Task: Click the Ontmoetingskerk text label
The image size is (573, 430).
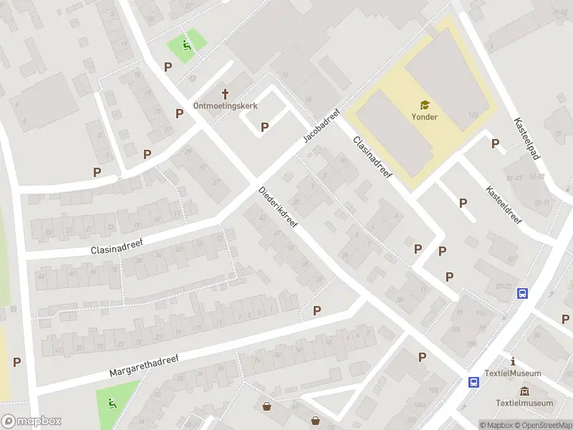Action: (226, 106)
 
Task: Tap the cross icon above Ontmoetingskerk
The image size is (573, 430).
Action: (226, 94)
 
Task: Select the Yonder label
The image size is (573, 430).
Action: (425, 117)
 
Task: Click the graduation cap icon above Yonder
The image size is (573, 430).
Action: (425, 105)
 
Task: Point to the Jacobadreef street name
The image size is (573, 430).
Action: (320, 126)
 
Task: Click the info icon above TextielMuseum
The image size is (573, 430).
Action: (513, 361)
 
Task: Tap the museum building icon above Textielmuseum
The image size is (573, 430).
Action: (525, 391)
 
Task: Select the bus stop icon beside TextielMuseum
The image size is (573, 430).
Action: (474, 382)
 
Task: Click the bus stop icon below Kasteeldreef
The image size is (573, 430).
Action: (523, 293)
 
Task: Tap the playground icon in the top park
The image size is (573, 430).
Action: (186, 46)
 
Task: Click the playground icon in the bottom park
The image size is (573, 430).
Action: (111, 403)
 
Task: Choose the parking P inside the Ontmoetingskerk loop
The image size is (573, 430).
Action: (264, 127)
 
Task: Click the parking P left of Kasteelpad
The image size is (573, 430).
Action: (495, 143)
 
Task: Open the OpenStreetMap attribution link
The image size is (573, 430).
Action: (545, 425)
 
